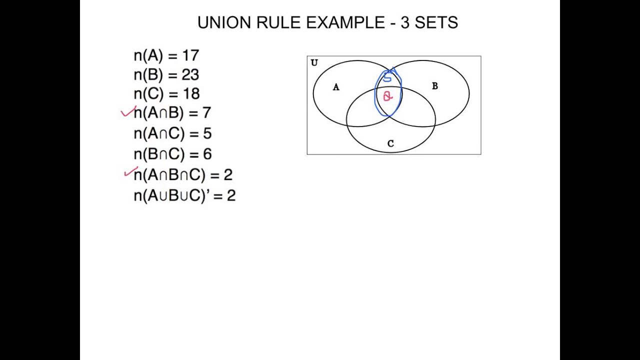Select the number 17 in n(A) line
coord(190,55)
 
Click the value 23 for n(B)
coord(190,75)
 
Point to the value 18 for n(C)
coord(191,94)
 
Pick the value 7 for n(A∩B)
coord(206,113)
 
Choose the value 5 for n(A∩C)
coord(207,134)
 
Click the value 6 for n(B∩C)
coord(207,154)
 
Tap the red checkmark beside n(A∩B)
coord(127,112)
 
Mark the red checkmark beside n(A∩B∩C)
coord(130,172)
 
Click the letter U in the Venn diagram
coord(314,63)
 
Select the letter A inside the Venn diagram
coord(336,87)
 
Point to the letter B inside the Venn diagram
coord(434,86)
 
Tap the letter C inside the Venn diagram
coord(390,144)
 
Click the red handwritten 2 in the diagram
coord(387,96)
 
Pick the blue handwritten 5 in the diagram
coord(388,77)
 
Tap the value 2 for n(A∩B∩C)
coord(228,175)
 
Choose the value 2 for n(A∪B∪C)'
coord(231,195)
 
